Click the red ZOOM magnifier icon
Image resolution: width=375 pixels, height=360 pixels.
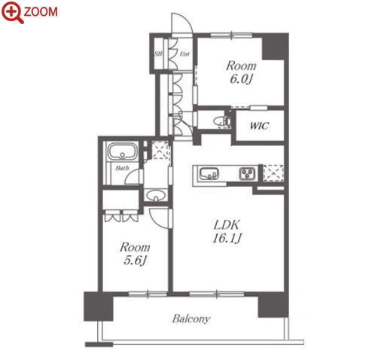tap(12, 12)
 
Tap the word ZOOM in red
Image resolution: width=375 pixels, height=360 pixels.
tap(41, 12)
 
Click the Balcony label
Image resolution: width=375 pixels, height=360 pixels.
tap(191, 319)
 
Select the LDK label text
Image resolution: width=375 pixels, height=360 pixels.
tap(227, 225)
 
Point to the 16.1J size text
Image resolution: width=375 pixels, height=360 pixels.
tap(227, 238)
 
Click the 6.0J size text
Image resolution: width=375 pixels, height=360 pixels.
tap(241, 79)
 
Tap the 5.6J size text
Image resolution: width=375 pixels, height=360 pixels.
tap(135, 261)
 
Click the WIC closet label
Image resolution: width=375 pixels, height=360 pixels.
tap(260, 126)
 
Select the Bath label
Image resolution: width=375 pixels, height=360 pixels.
tap(122, 168)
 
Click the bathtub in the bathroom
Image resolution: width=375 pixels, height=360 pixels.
tap(123, 151)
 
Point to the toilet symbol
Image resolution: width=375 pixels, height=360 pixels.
tap(222, 122)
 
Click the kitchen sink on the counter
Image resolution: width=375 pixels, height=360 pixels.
tap(209, 174)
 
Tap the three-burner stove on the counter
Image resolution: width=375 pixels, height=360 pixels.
tap(247, 174)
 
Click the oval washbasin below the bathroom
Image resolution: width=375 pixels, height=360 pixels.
tap(156, 195)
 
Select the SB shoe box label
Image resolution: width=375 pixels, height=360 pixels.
tap(158, 53)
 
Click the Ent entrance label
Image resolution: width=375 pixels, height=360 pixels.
tap(184, 53)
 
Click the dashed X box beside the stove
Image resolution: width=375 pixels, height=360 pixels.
tap(273, 173)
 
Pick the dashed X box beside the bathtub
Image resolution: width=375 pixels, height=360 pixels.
tap(160, 150)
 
